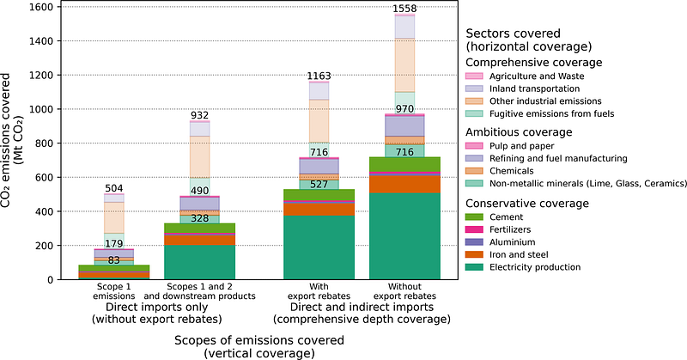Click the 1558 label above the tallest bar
point(404,9)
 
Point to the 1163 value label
point(319,76)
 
